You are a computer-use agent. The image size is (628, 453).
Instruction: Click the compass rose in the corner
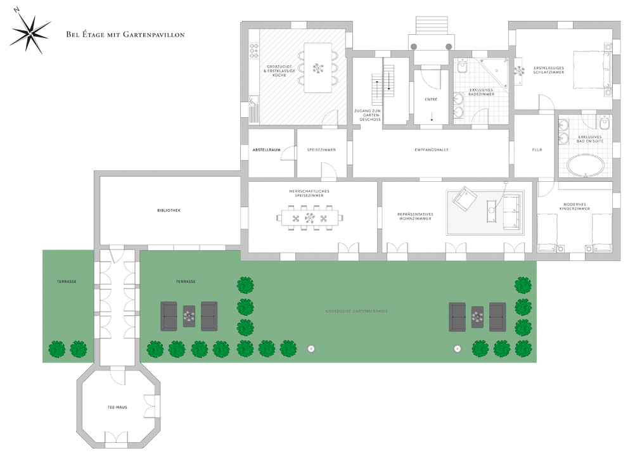[30, 34]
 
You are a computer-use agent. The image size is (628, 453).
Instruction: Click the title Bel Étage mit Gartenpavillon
[125, 34]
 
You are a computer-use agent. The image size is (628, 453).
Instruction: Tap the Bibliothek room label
[169, 210]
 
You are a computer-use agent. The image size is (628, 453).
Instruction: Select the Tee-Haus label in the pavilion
[117, 407]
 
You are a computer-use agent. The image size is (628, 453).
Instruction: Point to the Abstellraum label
[266, 150]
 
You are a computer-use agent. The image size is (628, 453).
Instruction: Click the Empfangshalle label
[432, 150]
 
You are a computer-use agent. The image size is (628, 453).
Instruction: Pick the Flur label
[537, 150]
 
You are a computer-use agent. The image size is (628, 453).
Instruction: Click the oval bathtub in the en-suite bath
[585, 165]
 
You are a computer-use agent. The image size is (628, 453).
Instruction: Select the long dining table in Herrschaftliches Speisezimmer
[310, 219]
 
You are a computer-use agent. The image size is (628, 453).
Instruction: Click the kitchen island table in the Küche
[318, 68]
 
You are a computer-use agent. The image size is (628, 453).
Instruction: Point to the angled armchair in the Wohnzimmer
[465, 198]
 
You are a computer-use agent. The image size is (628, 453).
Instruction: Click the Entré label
[431, 99]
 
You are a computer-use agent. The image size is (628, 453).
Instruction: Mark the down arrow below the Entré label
[432, 117]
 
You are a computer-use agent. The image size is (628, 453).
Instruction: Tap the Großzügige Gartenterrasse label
[356, 311]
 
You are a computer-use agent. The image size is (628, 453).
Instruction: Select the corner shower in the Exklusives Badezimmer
[492, 75]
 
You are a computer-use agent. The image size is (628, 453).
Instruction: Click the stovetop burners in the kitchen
[253, 51]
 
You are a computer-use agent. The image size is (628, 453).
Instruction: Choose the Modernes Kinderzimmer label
[575, 207]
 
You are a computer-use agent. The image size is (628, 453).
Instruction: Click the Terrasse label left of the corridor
[67, 281]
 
